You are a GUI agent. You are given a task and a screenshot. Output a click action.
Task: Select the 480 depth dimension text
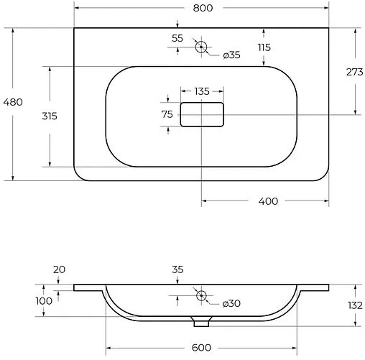13,101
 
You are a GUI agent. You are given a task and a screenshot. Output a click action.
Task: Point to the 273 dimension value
354,72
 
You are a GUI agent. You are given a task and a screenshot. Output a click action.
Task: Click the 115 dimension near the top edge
264,47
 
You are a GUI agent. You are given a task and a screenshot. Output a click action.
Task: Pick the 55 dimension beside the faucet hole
177,38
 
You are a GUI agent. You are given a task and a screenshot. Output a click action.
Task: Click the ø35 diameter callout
231,55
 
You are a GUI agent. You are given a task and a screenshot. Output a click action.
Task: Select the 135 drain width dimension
202,91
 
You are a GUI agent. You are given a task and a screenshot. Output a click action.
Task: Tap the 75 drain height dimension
167,114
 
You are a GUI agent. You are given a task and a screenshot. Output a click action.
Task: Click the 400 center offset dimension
267,200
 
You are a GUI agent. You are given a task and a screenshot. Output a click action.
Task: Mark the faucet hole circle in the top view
201,47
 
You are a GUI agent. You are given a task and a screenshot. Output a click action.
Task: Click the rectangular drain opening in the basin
202,114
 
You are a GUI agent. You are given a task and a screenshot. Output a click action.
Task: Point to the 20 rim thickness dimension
59,269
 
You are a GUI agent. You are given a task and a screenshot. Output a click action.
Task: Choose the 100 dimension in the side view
44,301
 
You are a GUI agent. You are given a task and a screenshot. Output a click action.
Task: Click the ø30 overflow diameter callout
231,304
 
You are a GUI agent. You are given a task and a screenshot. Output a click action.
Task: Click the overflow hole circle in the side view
201,295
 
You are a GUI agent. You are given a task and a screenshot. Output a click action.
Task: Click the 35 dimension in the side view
177,269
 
